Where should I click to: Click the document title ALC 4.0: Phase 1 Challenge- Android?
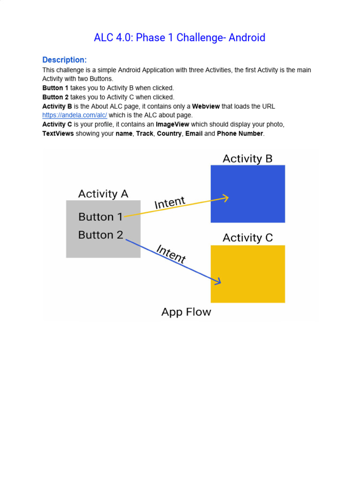coord(180,37)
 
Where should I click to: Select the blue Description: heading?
coord(64,60)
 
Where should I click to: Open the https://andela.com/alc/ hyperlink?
coord(75,115)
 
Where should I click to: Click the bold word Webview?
coord(207,106)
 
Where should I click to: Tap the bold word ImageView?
coord(172,124)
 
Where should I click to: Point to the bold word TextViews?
coord(58,134)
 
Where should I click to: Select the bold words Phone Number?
coord(240,134)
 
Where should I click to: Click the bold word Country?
coord(169,134)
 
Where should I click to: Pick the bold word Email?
coord(194,134)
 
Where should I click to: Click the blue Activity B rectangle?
coord(247,194)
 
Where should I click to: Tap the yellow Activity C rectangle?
coord(247,274)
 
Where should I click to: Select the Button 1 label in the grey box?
coord(100,217)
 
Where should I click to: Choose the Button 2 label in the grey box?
coord(100,235)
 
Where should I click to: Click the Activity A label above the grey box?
coord(103,194)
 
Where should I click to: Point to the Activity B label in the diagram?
coord(247,158)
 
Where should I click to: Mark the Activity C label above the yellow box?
coord(247,238)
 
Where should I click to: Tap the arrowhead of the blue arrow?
coord(218,281)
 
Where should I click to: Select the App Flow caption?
coord(186,312)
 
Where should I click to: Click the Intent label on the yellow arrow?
coord(170,203)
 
